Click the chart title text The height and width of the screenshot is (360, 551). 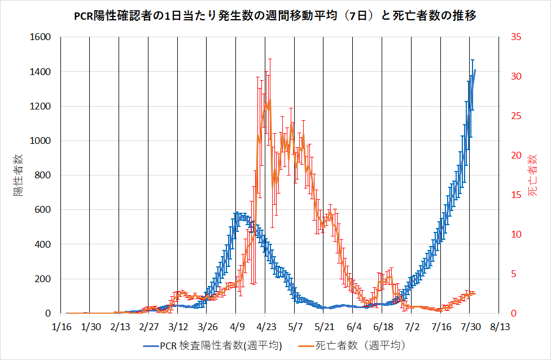tap(275, 16)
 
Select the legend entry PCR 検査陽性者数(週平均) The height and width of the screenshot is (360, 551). tap(213, 345)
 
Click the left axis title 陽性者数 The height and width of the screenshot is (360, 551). tap(19, 175)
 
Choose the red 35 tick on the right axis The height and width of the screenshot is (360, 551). tap(516, 37)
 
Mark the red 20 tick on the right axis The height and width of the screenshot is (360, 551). tap(516, 156)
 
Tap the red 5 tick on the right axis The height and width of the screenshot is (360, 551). tap(514, 274)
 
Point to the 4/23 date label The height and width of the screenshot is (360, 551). tap(265, 327)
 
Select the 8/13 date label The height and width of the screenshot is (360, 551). tap(499, 327)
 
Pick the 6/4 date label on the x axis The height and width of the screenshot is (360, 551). tap(353, 327)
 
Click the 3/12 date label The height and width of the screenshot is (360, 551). tap(177, 327)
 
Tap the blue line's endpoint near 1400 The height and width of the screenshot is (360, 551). tap(475, 70)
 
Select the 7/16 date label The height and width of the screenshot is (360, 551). tap(441, 327)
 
